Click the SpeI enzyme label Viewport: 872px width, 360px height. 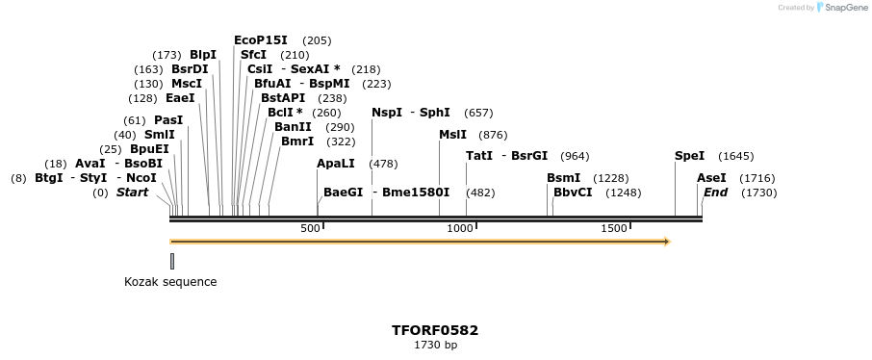pos(689,156)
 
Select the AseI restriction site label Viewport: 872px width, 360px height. pos(711,178)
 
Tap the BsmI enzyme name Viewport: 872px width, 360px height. pos(563,178)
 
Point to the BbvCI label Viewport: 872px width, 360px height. pos(573,193)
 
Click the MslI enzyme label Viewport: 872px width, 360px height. pos(452,135)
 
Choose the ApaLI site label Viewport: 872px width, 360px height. pos(335,164)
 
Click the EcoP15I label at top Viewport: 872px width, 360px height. pos(261,40)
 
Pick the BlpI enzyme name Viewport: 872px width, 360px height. pos(203,55)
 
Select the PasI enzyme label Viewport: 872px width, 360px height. pos(168,120)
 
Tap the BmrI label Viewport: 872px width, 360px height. pos(297,141)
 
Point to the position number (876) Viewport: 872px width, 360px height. pos(493,135)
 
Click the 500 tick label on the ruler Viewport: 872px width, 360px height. pos(310,228)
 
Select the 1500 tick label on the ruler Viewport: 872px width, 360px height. pos(613,228)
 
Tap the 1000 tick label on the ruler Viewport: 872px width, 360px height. pos(460,228)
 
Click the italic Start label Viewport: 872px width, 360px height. pos(133,193)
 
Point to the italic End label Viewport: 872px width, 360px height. pos(715,193)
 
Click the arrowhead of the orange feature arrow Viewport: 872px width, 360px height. pos(665,241)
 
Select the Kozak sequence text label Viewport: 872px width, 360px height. pos(170,282)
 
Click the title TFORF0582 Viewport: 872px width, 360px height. pos(435,330)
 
